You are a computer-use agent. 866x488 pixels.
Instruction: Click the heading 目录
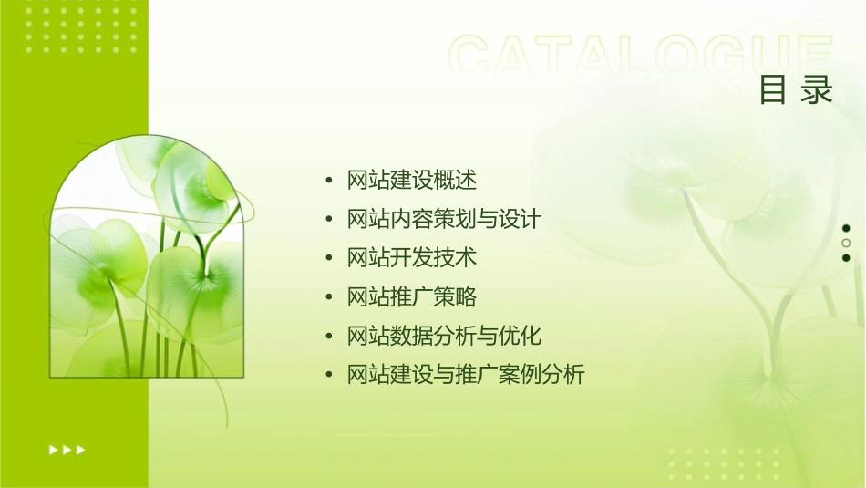796,90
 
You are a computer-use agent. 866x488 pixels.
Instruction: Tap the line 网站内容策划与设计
444,220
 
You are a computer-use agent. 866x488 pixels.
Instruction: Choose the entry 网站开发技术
412,258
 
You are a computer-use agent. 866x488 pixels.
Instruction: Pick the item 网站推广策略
412,297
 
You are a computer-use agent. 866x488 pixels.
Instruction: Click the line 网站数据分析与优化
444,336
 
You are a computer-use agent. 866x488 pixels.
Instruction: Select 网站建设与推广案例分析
465,375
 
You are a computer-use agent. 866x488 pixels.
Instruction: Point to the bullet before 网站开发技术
329,259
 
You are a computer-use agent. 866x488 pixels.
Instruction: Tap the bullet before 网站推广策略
329,298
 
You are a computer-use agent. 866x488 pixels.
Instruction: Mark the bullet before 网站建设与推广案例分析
329,376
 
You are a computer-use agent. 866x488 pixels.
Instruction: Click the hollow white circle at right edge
846,243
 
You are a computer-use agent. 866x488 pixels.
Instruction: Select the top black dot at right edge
846,228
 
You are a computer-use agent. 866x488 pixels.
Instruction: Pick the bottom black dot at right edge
846,257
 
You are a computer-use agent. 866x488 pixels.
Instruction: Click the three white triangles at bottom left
67,450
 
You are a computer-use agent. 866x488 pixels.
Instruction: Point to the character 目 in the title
773,90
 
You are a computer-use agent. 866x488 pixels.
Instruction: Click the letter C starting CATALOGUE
475,56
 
